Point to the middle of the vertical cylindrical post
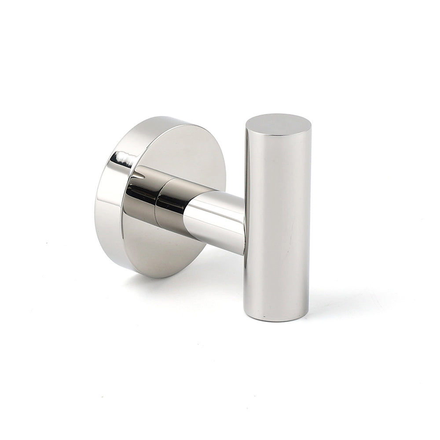277,220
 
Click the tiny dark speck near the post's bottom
264,316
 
